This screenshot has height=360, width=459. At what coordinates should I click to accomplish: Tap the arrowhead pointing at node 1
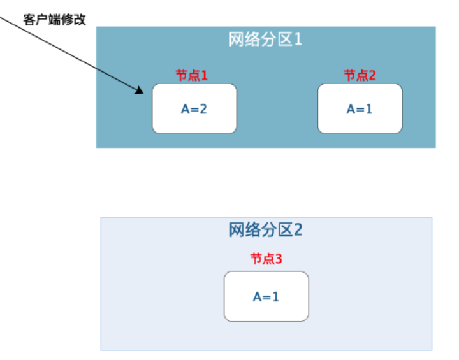(x=140, y=91)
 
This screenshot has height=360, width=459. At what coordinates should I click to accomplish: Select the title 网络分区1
(x=265, y=40)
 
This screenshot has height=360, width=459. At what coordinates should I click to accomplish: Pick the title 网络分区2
(x=265, y=229)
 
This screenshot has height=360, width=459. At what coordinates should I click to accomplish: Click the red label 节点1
(x=193, y=75)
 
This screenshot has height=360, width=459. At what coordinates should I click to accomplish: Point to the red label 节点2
(x=360, y=75)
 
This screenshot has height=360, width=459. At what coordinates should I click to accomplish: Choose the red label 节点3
(x=266, y=259)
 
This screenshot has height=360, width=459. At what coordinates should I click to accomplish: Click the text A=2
(x=194, y=109)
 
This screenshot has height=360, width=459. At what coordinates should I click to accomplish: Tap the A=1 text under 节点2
(x=360, y=109)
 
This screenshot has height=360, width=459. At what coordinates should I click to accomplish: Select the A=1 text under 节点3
(x=266, y=296)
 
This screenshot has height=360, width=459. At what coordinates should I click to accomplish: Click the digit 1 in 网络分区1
(x=297, y=40)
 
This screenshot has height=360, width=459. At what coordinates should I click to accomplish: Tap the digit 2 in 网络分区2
(x=297, y=229)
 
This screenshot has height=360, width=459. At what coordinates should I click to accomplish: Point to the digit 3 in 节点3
(x=278, y=259)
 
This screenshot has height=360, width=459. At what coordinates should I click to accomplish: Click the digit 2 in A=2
(x=203, y=109)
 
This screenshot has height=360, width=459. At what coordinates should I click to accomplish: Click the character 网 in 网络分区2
(x=237, y=229)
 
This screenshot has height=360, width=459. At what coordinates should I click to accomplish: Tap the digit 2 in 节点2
(x=372, y=75)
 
